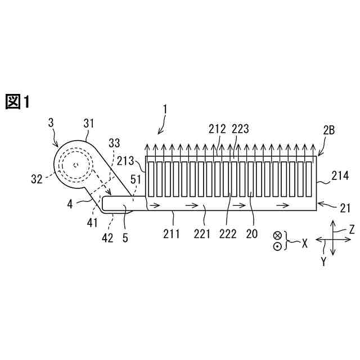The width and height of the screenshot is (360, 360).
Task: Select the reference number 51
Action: tap(136, 181)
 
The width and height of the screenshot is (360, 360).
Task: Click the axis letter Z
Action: tap(352, 229)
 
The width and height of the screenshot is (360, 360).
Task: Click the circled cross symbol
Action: tap(277, 236)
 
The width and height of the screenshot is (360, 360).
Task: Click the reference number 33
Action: tap(114, 145)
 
